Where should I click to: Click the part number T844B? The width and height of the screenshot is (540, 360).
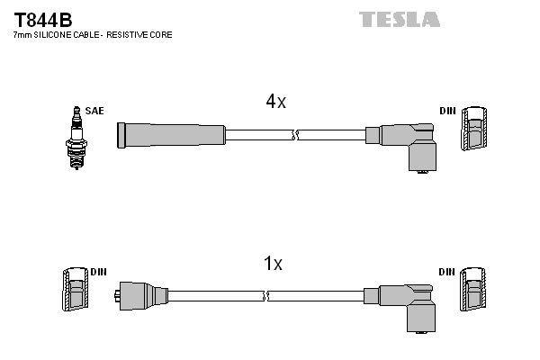point(42,19)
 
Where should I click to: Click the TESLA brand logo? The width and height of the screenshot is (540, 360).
point(399,19)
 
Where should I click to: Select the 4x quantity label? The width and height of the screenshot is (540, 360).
point(275,102)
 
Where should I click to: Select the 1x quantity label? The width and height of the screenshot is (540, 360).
point(273,264)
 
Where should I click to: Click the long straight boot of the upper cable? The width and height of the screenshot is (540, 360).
point(171,135)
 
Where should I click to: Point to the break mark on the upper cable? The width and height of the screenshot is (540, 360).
point(294,136)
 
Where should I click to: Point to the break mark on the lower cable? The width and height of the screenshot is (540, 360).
point(264,295)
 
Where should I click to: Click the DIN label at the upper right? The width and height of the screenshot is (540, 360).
point(447,111)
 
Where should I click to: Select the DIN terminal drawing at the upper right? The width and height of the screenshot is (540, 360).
point(476,131)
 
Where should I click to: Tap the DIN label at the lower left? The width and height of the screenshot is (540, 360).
point(98,271)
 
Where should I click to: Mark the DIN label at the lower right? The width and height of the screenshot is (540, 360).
point(447,271)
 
